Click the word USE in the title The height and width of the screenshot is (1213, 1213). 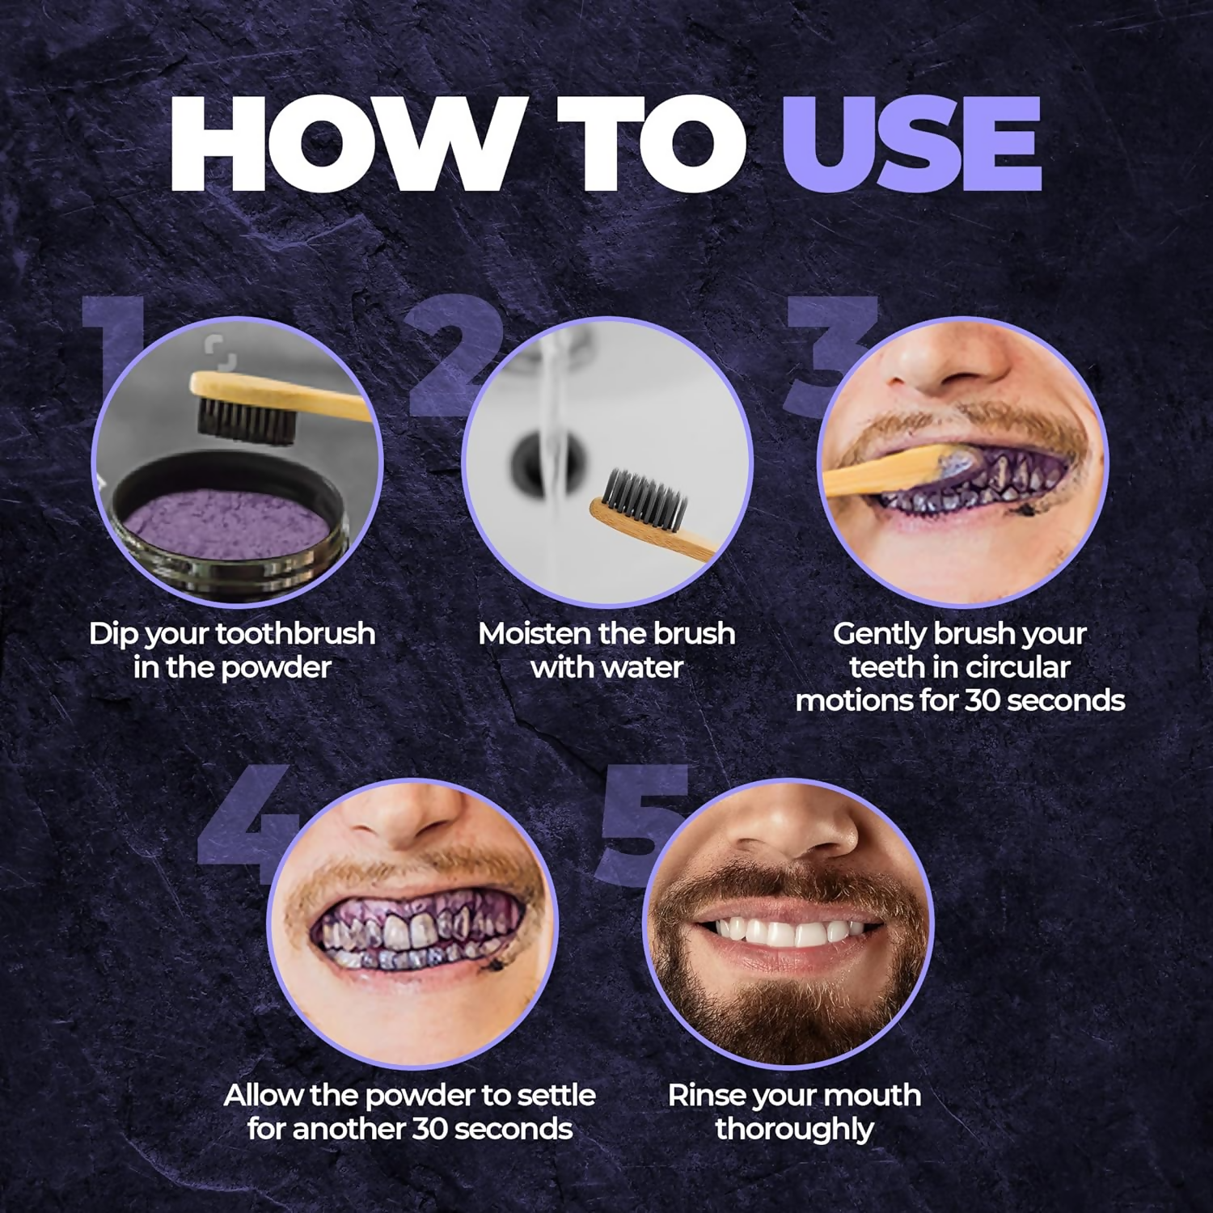click(911, 144)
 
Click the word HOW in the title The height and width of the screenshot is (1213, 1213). click(340, 144)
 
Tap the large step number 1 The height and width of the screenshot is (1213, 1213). click(113, 348)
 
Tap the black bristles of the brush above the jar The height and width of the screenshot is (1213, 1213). click(246, 421)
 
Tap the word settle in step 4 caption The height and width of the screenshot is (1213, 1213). click(553, 1095)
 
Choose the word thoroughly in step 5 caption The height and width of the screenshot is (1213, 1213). click(794, 1129)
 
